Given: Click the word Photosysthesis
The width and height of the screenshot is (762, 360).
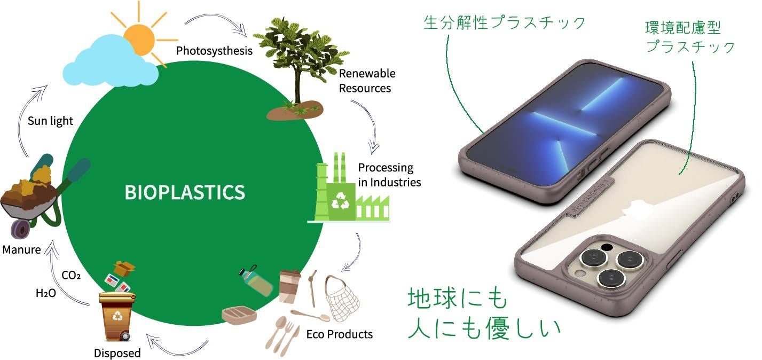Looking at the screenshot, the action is point(214,51).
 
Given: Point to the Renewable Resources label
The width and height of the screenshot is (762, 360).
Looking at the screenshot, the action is point(367,80).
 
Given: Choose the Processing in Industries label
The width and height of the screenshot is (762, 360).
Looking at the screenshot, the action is point(389,175).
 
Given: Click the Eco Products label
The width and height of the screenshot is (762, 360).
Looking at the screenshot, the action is point(340,334).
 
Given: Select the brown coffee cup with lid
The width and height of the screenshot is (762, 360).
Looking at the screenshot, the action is point(289,286).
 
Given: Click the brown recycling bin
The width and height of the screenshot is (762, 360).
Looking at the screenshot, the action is point(116,319).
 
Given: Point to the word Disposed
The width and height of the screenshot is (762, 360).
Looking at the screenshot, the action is point(117,353).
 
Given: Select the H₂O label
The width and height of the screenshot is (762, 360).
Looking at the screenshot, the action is point(46,293).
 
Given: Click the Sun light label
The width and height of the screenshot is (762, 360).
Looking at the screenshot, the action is point(50,121).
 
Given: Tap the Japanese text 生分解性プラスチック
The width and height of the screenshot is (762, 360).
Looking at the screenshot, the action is point(504,23).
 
